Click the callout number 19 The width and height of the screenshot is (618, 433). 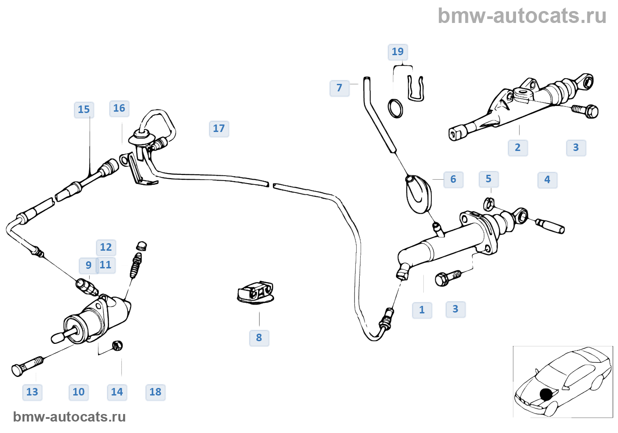(397, 52)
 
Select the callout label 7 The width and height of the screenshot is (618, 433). (339, 88)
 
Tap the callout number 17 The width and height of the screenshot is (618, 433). (219, 128)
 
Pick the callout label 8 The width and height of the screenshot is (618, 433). (259, 338)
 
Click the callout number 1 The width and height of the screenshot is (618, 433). (422, 310)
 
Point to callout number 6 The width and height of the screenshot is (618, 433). (453, 179)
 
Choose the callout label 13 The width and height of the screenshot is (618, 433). (32, 392)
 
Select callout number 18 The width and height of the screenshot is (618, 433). (155, 392)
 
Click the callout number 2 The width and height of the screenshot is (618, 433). (517, 147)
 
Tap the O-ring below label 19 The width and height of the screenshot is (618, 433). (395, 108)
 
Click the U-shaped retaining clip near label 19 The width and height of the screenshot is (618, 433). (415, 88)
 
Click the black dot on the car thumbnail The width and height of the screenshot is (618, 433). (546, 394)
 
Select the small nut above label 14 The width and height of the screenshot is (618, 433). (117, 345)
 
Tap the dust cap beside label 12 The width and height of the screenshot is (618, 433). (142, 246)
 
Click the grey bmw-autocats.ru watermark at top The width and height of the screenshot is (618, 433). (522, 16)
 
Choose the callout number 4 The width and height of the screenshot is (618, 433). (547, 180)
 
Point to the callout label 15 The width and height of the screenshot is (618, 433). (83, 109)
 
